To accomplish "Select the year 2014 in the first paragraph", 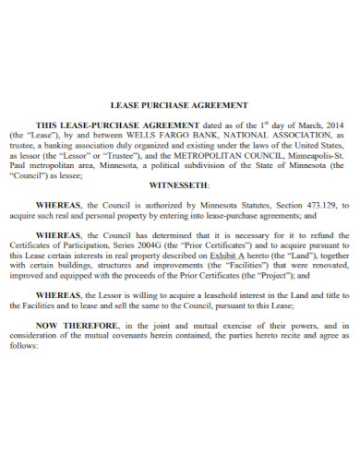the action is tap(335, 123).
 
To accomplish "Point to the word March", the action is tap(304, 123).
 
